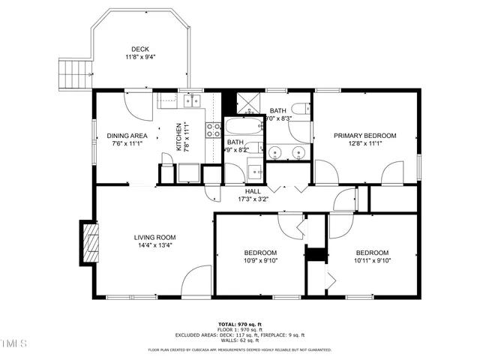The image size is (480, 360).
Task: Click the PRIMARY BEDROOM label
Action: click(365, 136)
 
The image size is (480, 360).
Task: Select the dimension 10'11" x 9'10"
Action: click(372, 261)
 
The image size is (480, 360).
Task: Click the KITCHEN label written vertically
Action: click(178, 136)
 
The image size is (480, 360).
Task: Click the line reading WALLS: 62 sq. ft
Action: click(239, 340)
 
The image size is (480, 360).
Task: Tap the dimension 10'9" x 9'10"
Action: click(260, 261)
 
